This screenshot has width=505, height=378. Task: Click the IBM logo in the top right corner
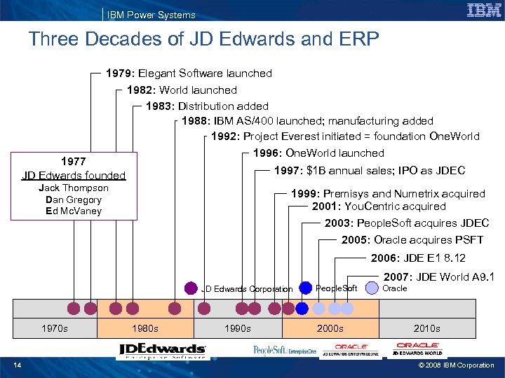click(483, 10)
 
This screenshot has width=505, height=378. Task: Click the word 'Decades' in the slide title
click(125, 39)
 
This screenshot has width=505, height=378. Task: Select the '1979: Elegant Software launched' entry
click(189, 73)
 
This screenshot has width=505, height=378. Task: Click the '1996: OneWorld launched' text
click(318, 153)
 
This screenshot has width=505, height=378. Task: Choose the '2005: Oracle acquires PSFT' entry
click(412, 240)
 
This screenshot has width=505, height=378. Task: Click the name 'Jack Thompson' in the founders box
click(74, 188)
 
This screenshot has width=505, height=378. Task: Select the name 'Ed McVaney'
click(74, 211)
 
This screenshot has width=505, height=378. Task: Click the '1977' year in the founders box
click(74, 161)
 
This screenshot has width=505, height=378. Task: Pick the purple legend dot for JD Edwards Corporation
click(191, 288)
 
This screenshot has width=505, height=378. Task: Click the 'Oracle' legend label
click(395, 288)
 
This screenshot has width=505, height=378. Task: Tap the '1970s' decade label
click(55, 328)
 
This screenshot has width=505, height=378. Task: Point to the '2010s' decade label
click(426, 328)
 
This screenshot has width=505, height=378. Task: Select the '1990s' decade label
click(238, 328)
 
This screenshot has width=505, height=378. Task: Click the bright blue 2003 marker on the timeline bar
click(302, 308)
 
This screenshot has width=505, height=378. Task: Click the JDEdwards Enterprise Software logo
click(162, 351)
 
